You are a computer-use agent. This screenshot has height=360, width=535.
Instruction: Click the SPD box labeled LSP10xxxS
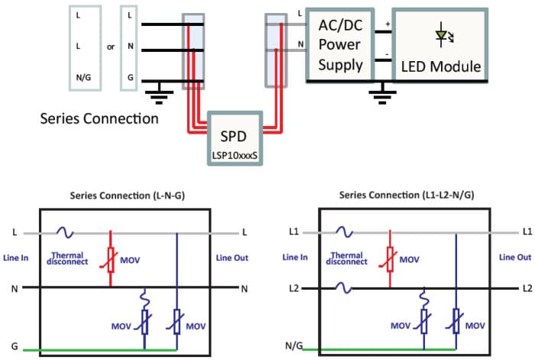[236, 138]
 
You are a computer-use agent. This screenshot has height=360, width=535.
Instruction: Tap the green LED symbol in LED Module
[441, 35]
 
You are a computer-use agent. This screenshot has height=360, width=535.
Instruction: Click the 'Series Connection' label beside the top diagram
[99, 118]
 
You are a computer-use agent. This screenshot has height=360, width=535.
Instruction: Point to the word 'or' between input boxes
[111, 47]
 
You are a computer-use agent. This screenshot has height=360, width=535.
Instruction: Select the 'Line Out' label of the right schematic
[514, 258]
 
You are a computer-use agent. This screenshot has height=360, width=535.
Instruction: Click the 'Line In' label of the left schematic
[15, 258]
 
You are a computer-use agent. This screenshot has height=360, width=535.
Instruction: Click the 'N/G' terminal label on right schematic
[292, 347]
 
